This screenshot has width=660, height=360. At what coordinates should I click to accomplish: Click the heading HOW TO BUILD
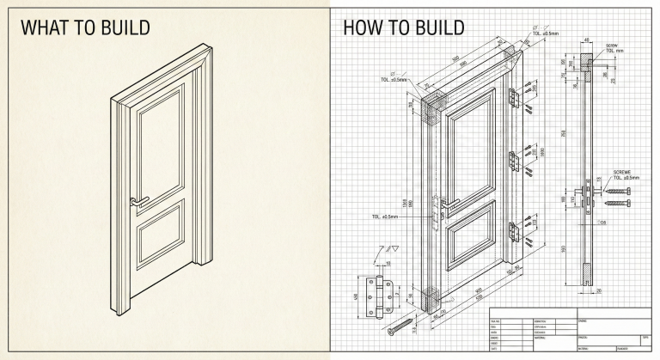click(404, 27)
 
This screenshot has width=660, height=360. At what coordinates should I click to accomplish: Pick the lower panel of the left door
click(159, 241)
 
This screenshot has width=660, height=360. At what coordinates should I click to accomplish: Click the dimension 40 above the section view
click(587, 40)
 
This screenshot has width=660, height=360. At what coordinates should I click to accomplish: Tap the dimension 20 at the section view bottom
click(596, 290)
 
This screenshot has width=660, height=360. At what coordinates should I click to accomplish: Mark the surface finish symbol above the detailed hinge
click(377, 250)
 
